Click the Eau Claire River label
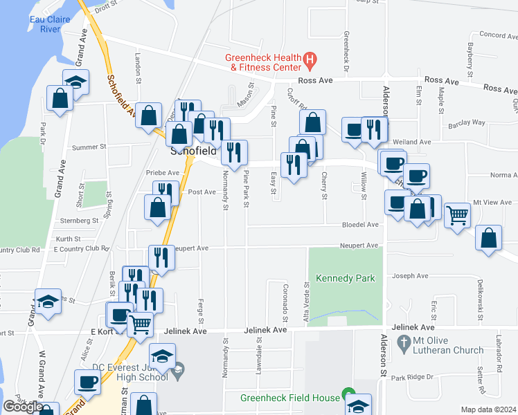tap(50, 24)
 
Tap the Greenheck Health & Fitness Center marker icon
tap(310, 61)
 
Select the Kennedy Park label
tap(345, 278)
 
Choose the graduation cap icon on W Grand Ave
tap(47, 302)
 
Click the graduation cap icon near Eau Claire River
tap(76, 82)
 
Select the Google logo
tap(23, 407)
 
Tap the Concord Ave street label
tap(494, 35)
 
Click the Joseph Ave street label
tap(410, 276)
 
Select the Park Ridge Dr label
tap(411, 377)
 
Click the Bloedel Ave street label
tap(360, 225)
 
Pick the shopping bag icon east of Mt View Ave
tap(489, 239)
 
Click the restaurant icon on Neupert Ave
tap(161, 257)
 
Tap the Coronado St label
tap(285, 303)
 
